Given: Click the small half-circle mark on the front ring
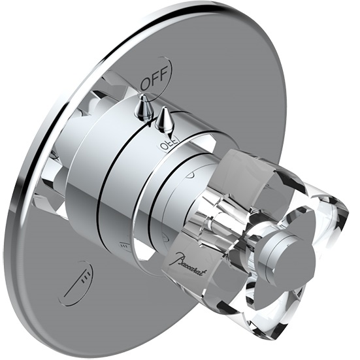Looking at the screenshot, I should click(190, 174).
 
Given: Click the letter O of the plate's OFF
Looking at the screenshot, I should click(145, 85).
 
